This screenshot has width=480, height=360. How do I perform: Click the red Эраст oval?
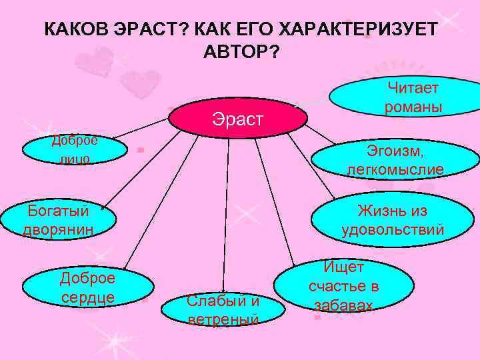click(238, 118)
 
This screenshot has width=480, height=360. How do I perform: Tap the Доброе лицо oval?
click(74, 150)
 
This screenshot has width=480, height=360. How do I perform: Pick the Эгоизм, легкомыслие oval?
click(395, 160)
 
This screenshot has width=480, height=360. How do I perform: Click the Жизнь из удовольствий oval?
click(391, 221)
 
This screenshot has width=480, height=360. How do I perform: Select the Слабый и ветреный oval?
click(223, 309)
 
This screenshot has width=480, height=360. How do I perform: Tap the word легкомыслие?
click(395, 170)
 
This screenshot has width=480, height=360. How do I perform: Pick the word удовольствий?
click(393, 231)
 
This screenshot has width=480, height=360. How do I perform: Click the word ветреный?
click(223, 319)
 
